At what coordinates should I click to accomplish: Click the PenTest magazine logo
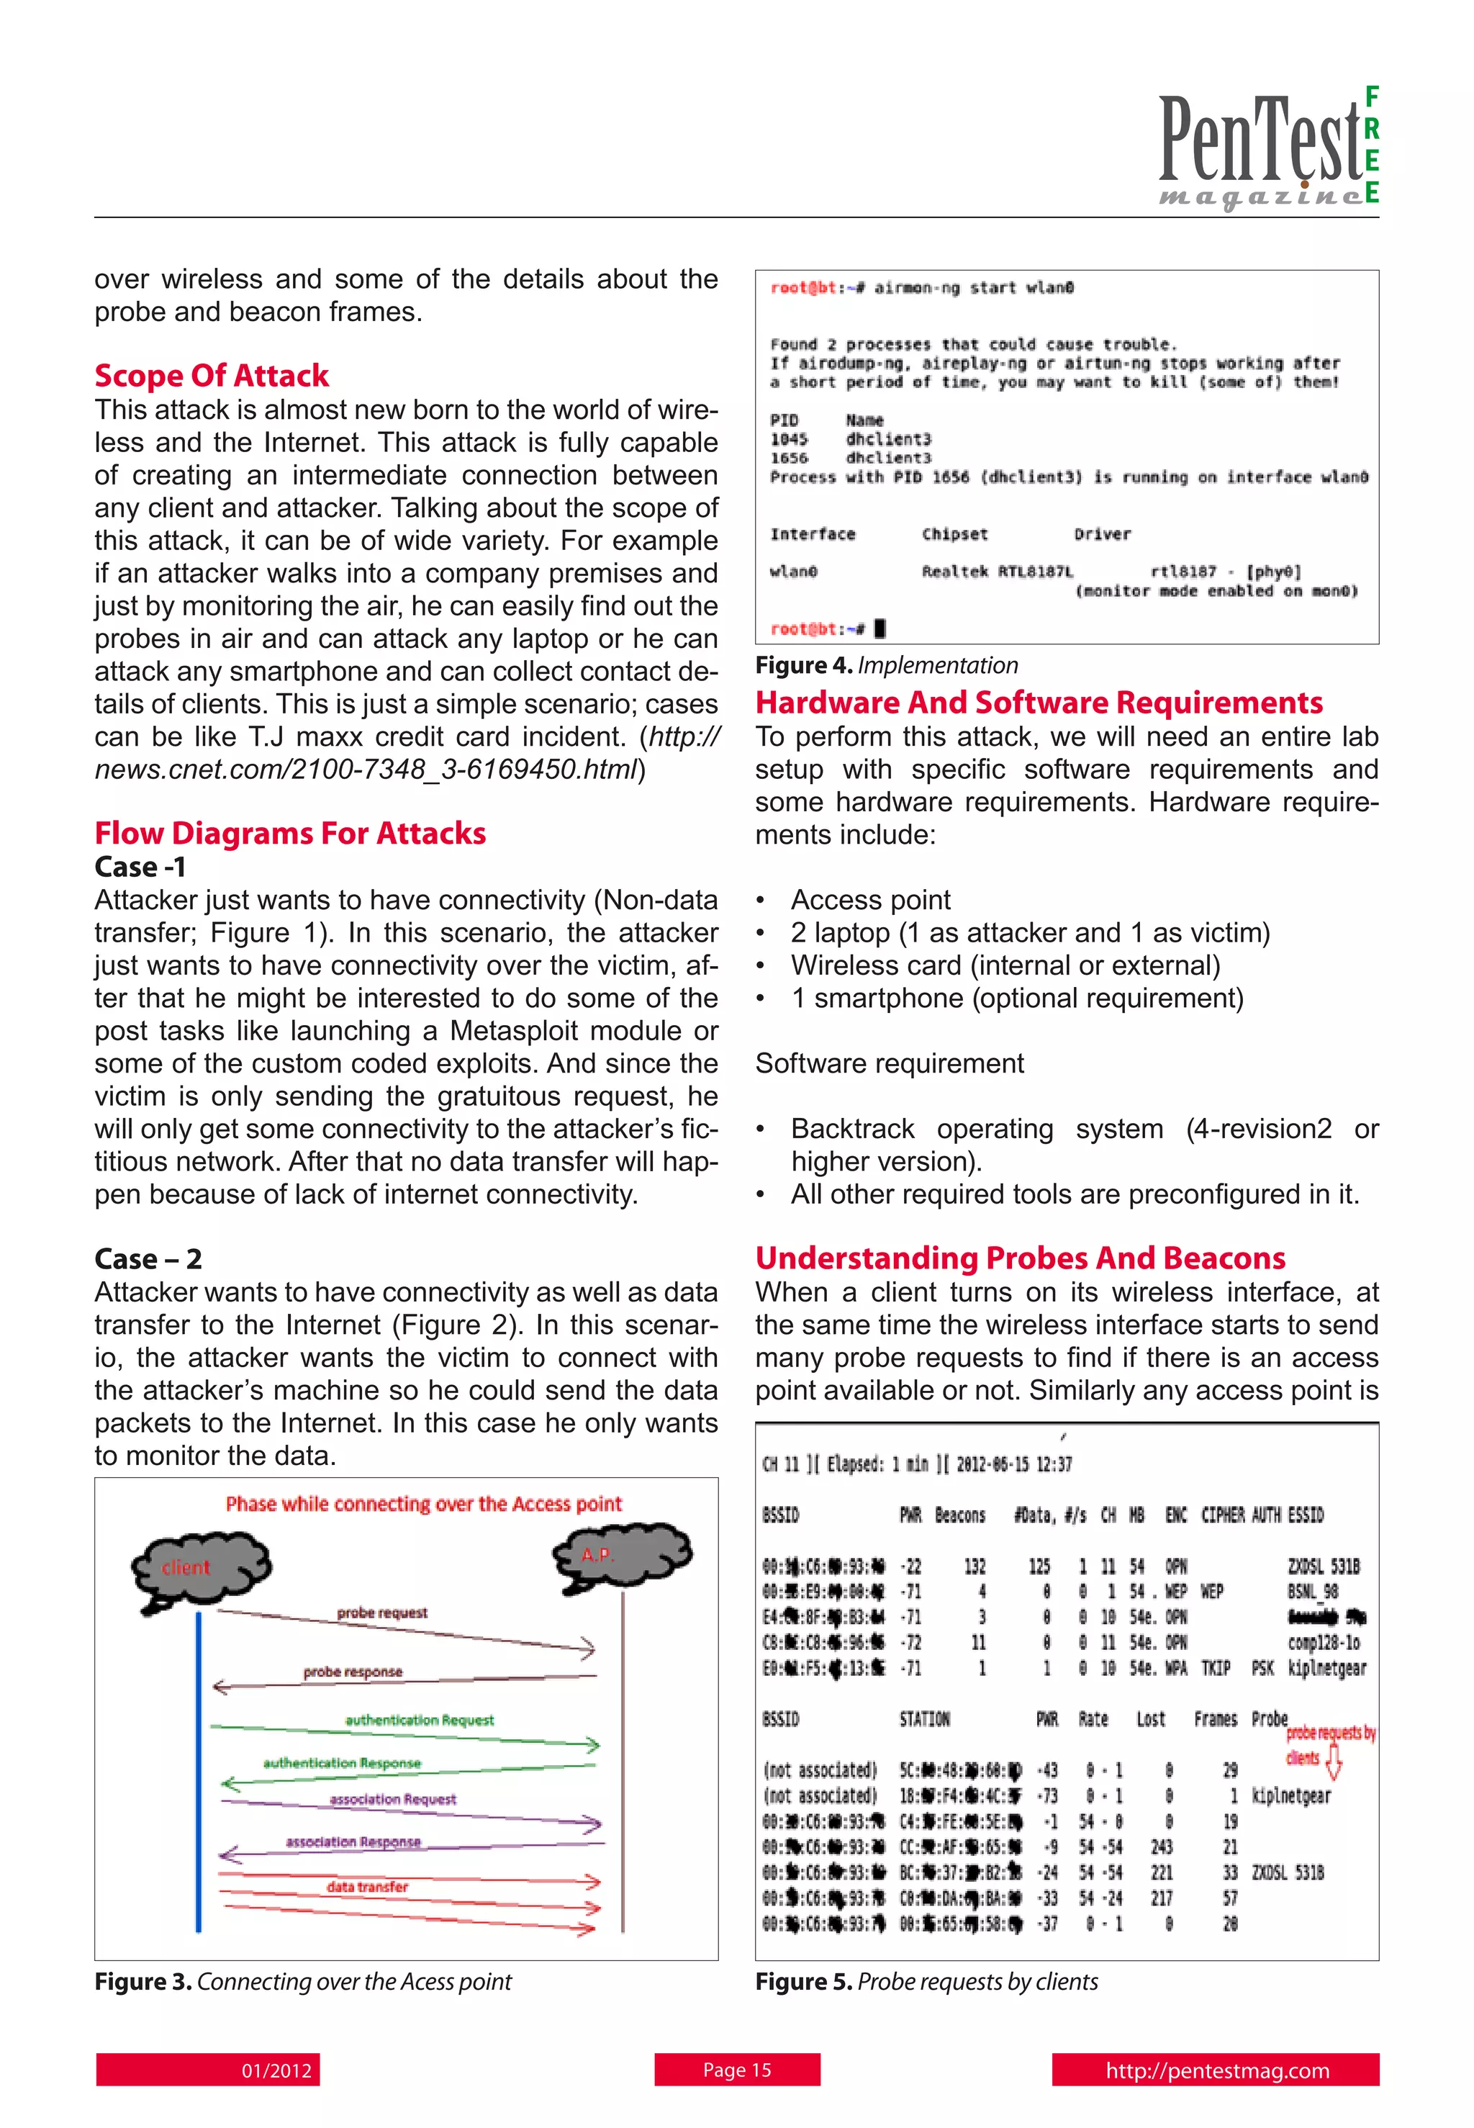point(1267,148)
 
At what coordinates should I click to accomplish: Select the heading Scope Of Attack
point(212,375)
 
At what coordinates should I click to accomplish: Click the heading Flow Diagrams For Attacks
point(290,833)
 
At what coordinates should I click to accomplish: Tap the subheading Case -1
point(140,867)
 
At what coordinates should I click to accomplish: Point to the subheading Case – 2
point(148,1259)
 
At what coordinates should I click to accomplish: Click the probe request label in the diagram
point(381,1613)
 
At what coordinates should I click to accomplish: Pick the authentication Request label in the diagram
point(420,1720)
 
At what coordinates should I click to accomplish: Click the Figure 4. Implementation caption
point(887,665)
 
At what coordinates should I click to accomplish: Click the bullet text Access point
point(870,900)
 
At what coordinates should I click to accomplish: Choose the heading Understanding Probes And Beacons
point(1020,1258)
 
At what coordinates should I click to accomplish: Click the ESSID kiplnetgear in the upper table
point(1326,1668)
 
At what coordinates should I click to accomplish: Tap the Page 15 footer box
point(737,2070)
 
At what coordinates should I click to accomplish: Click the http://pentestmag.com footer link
point(1216,2070)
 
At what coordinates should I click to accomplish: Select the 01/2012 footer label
point(276,2070)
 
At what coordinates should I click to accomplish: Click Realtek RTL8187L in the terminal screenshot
point(997,572)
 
